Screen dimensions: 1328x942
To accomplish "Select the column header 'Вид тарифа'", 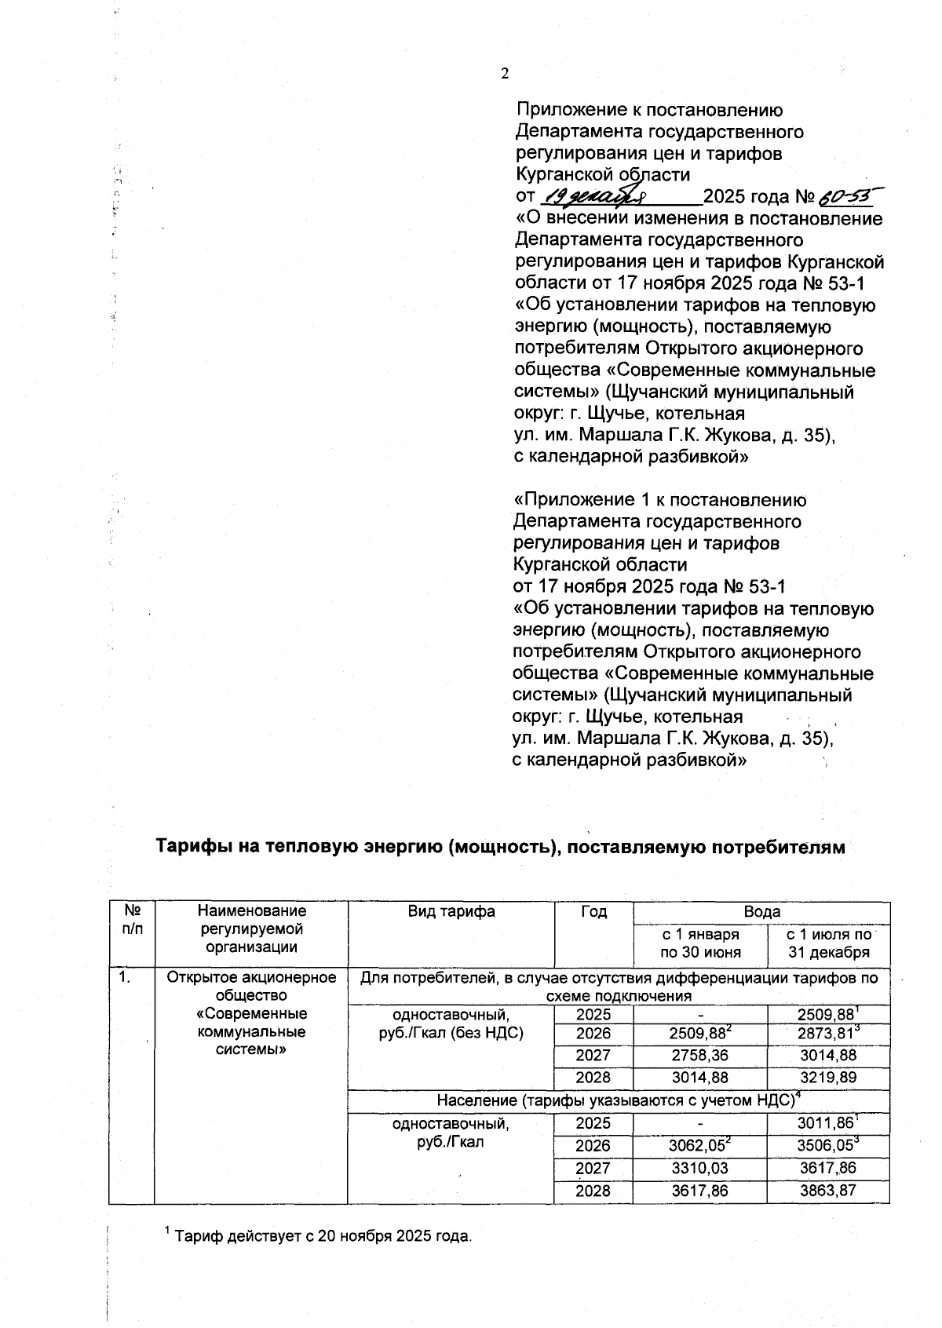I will tap(451, 911).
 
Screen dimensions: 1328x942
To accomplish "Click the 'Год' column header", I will tap(593, 911).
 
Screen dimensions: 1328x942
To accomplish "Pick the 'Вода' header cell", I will tap(761, 912).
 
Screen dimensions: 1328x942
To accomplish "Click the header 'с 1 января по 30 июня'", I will tap(699, 943).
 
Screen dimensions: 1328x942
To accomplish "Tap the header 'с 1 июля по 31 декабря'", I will tap(828, 943).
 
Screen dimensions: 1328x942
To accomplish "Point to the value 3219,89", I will tap(827, 1078).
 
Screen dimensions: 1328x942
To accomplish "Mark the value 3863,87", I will tap(827, 1191).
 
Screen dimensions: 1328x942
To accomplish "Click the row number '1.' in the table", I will tap(125, 978).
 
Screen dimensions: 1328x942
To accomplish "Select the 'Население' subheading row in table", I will tap(619, 1100).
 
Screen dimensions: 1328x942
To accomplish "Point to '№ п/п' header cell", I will tap(132, 920).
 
